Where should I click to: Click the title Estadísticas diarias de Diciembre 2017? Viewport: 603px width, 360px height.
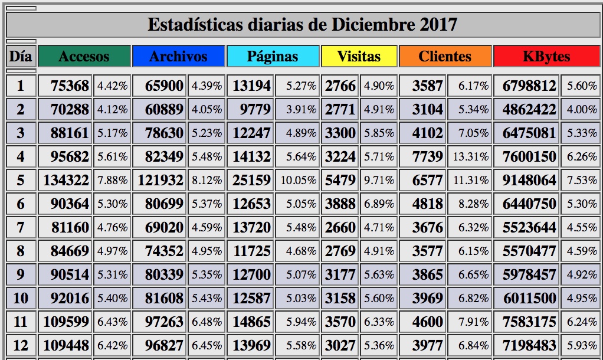pos(301,25)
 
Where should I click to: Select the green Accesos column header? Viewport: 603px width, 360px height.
pos(84,57)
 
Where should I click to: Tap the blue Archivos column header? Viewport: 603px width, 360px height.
pos(178,57)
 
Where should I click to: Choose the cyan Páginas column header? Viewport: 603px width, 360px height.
pos(273,57)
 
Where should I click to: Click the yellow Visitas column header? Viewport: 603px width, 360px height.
pos(359,57)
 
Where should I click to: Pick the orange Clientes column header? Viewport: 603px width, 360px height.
pos(445,57)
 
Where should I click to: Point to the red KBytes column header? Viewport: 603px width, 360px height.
pos(546,57)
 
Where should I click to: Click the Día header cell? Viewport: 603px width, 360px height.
pos(21,57)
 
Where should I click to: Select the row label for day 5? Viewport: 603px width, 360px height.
pos(21,180)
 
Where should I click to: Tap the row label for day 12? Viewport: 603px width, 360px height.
pos(21,345)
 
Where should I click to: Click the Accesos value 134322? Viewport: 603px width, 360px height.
pos(66,180)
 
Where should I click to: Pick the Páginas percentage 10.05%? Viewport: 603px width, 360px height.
pos(299,180)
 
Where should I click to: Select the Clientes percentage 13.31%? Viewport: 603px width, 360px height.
pos(471,156)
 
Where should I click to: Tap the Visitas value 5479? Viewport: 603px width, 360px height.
pos(340,180)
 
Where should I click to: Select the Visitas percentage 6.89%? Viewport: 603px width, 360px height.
pos(379,204)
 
